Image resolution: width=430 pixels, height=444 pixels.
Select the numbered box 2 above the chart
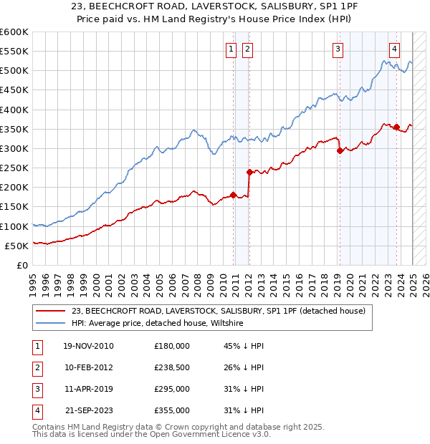[247, 49]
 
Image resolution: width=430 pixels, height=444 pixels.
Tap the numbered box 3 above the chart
[338, 49]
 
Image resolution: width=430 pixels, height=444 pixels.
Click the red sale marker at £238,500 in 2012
[249, 172]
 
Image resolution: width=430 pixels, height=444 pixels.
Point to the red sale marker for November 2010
[234, 195]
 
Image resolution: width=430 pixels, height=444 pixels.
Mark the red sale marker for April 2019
[340, 150]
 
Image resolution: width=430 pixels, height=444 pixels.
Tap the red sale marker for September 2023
[396, 127]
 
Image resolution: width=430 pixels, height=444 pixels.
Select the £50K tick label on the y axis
[17, 246]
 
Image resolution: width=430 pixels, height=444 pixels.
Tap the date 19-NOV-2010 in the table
[89, 346]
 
